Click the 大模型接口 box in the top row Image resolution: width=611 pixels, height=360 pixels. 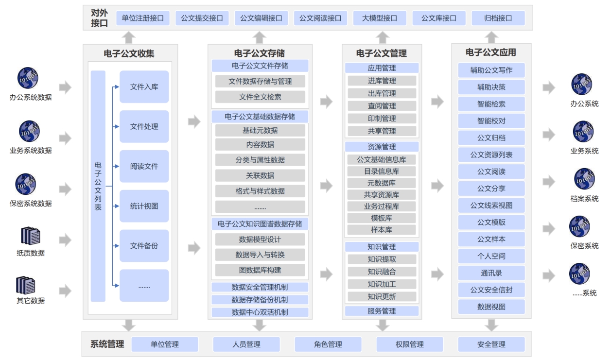point(380,18)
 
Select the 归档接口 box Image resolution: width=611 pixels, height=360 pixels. point(498,18)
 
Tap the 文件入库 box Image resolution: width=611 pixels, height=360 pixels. point(144,87)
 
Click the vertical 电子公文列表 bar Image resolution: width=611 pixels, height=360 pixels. point(98,186)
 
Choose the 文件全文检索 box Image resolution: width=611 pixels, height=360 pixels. point(260,97)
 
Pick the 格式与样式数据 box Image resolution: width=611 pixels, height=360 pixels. point(260,191)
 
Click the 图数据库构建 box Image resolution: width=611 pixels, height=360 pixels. point(260,270)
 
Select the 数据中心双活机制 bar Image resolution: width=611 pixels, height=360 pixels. point(260,312)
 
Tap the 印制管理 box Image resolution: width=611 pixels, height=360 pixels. point(382,119)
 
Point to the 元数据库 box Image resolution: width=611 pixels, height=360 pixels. point(382,183)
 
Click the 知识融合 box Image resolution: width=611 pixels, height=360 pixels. point(382,272)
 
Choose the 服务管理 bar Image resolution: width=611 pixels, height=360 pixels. point(382,311)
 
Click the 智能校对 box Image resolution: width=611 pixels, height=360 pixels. point(491,121)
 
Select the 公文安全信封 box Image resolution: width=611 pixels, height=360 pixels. point(491,290)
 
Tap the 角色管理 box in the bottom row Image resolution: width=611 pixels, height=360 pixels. point(328,344)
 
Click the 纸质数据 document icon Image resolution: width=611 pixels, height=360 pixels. point(31,236)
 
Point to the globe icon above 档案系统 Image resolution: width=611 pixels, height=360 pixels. point(584,179)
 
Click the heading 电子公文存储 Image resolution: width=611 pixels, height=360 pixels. point(260,53)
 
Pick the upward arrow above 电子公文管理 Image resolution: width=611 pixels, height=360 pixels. point(382,37)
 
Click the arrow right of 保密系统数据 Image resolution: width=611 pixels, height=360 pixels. point(65,189)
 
